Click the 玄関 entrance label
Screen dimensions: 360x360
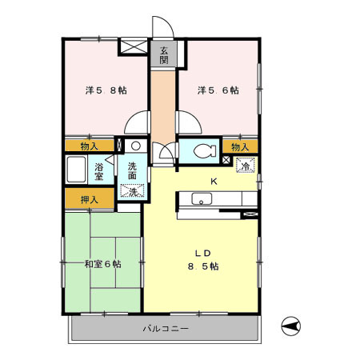pyautogui.click(x=163, y=54)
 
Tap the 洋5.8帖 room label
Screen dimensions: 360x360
pyautogui.click(x=106, y=90)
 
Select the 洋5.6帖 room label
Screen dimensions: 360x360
pyautogui.click(x=218, y=90)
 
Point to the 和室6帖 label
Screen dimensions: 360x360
pyautogui.click(x=102, y=263)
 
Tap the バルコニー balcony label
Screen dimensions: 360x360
pyautogui.click(x=166, y=328)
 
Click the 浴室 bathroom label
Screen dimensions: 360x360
pyautogui.click(x=99, y=171)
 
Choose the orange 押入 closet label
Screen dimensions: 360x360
pyautogui.click(x=90, y=199)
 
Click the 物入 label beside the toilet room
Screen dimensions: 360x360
pyautogui.click(x=241, y=146)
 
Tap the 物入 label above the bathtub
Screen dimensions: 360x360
pyautogui.click(x=90, y=146)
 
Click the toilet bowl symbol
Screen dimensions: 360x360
pyautogui.click(x=203, y=150)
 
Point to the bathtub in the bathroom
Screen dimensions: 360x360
pyautogui.click(x=77, y=171)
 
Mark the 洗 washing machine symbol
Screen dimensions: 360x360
pyautogui.click(x=132, y=190)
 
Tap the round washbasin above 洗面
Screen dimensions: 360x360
pyautogui.click(x=135, y=146)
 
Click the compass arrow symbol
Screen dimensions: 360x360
pyautogui.click(x=292, y=326)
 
